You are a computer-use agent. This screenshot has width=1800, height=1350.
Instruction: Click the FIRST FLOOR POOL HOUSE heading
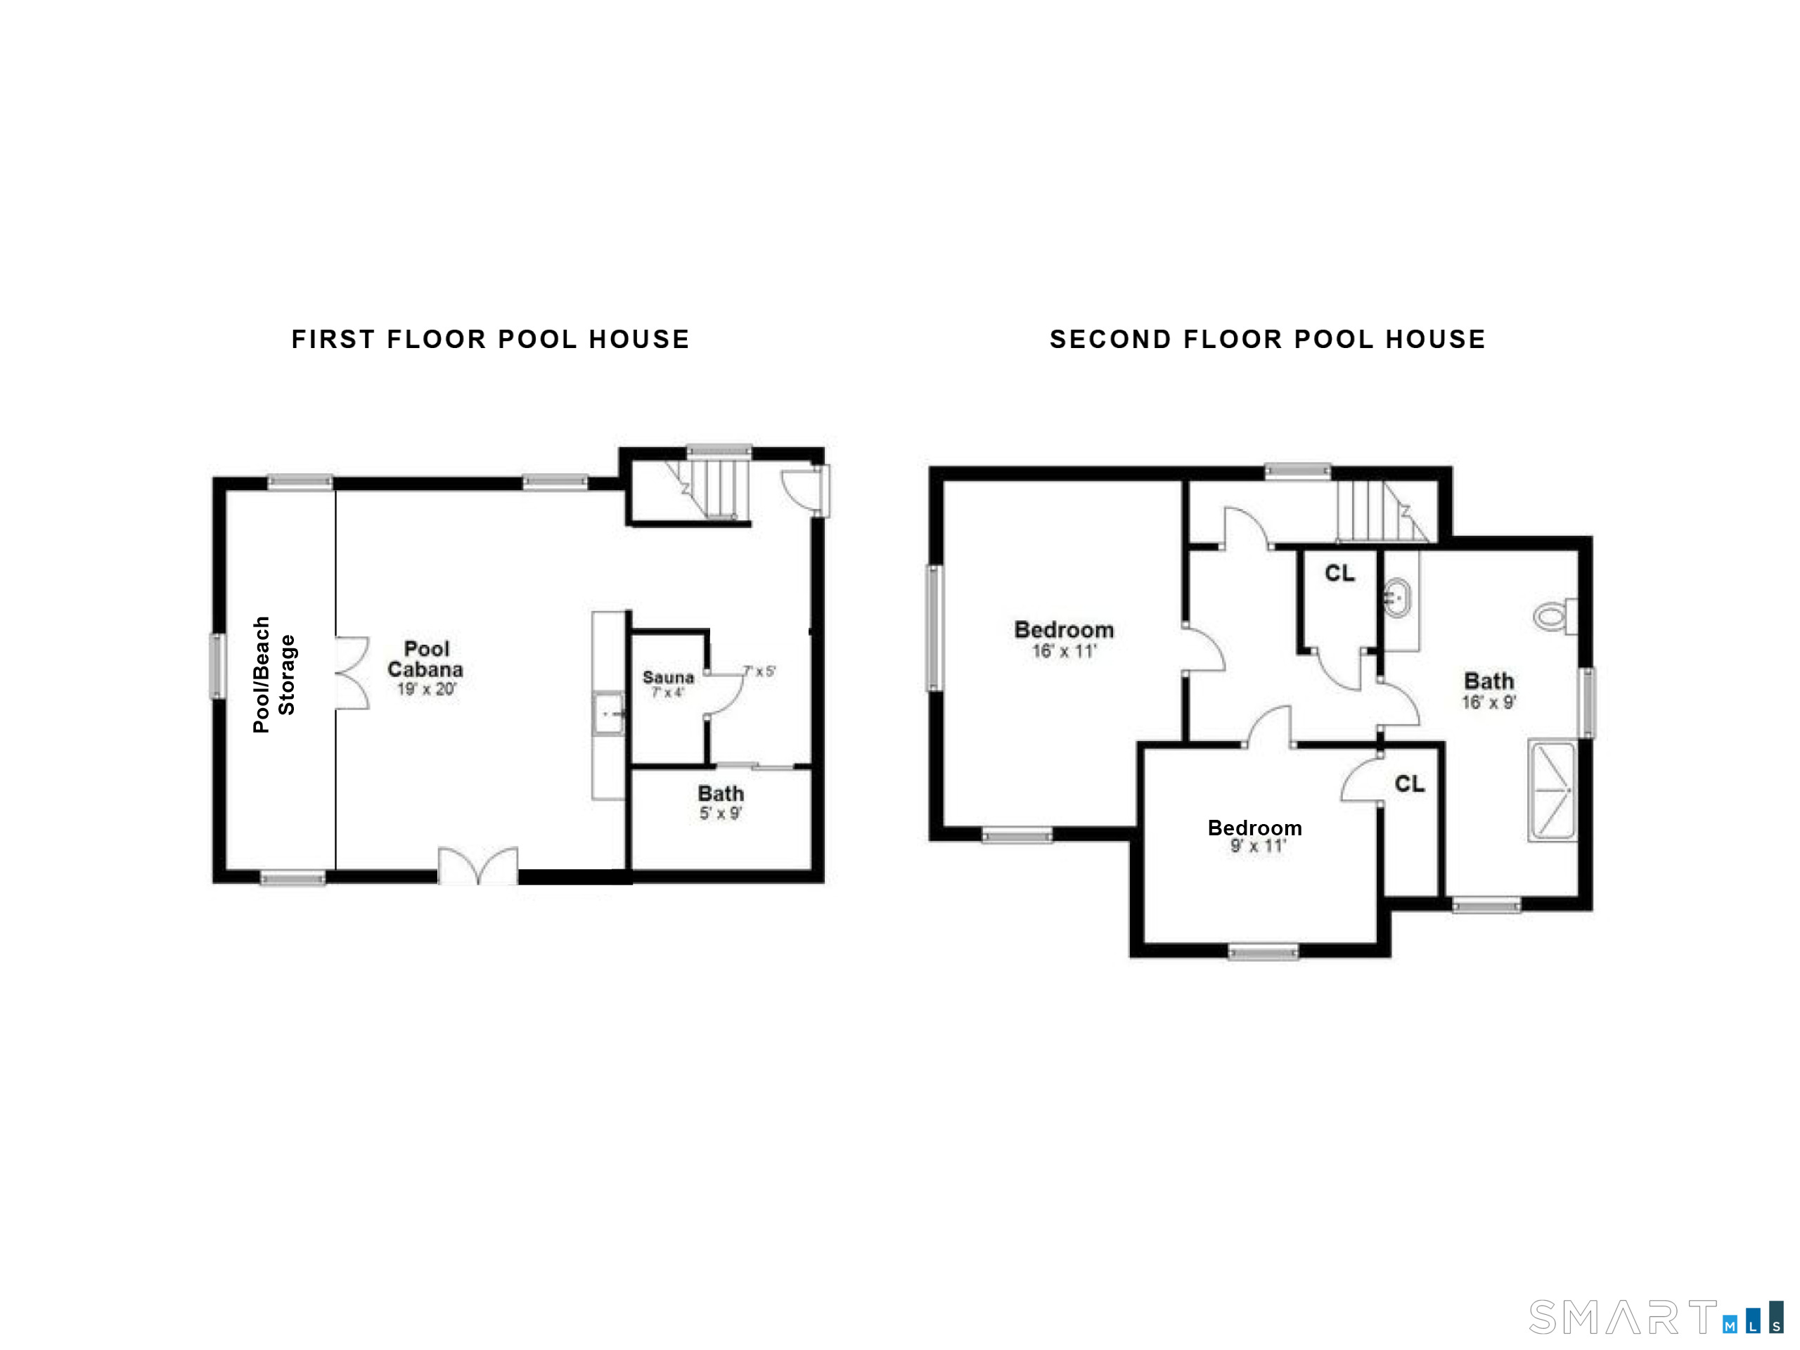pos(491,340)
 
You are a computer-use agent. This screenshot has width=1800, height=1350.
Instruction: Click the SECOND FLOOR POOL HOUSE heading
pos(1267,340)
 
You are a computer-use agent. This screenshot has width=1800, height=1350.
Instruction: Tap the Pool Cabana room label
pos(425,659)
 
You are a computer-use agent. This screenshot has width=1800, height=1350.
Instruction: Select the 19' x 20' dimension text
pos(426,689)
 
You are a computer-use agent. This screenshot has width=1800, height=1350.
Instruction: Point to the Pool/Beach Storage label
pos(274,674)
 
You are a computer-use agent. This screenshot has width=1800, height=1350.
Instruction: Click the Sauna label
pos(668,677)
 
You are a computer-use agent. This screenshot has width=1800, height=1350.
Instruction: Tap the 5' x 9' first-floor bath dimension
pos(720,813)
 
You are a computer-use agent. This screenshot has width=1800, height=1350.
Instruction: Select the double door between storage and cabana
pos(352,673)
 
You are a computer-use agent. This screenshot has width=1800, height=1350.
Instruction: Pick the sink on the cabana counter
pos(608,714)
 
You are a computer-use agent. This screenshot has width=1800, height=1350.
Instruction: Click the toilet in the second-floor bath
pos(1554,616)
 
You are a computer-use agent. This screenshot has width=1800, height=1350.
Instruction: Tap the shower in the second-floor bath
pos(1551,790)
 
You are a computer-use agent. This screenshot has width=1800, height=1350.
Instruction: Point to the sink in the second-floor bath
pos(1396,598)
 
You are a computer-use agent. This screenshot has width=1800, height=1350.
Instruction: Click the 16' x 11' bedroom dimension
pos(1064,651)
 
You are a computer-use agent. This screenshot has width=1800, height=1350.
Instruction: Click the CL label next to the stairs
pos(1339,574)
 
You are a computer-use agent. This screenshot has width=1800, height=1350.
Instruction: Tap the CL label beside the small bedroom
pos(1409,784)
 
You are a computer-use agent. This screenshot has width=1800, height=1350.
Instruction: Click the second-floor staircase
pos(1376,511)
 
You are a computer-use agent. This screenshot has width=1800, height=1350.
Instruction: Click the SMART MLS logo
pos(1655,1318)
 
